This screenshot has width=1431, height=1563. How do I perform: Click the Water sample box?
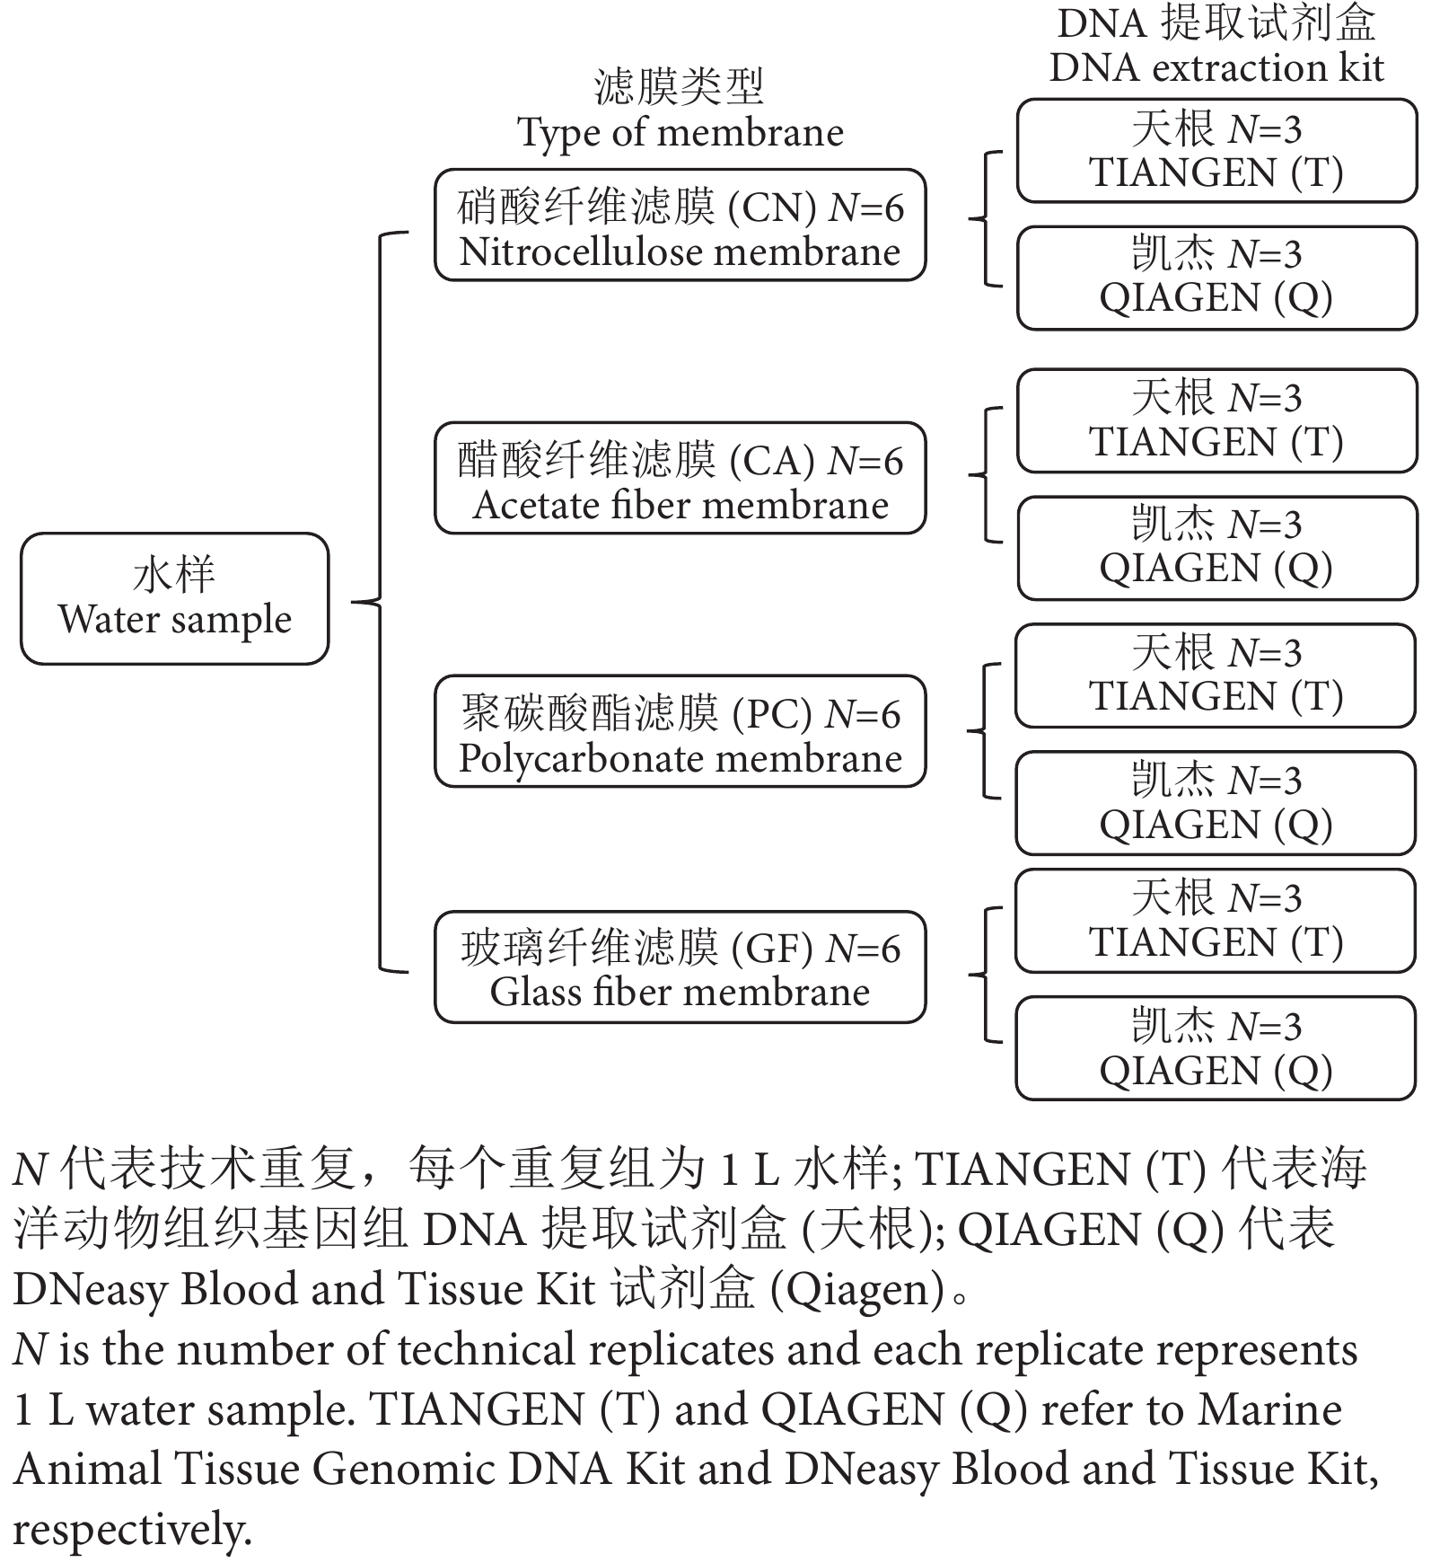point(175,598)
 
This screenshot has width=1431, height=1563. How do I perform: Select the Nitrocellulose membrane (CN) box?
point(680,225)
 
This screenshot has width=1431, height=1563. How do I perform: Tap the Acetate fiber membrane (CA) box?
point(680,478)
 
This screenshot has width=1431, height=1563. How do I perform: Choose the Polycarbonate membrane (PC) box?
point(680,731)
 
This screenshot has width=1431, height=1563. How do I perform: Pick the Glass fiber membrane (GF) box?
point(680,967)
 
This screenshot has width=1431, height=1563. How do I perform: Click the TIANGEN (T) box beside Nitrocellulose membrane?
point(1216,151)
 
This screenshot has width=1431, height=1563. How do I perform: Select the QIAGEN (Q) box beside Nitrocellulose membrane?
point(1216,278)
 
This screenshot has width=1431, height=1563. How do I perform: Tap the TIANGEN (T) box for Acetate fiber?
point(1216,420)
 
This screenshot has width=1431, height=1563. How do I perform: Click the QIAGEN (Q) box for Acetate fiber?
point(1216,547)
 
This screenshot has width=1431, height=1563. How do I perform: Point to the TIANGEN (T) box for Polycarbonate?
point(1216,676)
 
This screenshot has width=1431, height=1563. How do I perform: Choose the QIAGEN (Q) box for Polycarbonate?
point(1216,803)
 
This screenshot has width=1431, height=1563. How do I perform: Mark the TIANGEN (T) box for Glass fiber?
point(1216,921)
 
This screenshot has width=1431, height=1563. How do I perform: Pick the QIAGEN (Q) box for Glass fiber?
point(1216,1048)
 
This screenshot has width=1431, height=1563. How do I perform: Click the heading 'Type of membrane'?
point(680,133)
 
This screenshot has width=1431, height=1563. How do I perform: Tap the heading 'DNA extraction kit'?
point(1216,68)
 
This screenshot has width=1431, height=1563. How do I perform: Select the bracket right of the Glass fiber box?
point(986,975)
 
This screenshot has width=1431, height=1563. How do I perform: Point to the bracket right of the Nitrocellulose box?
point(986,218)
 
